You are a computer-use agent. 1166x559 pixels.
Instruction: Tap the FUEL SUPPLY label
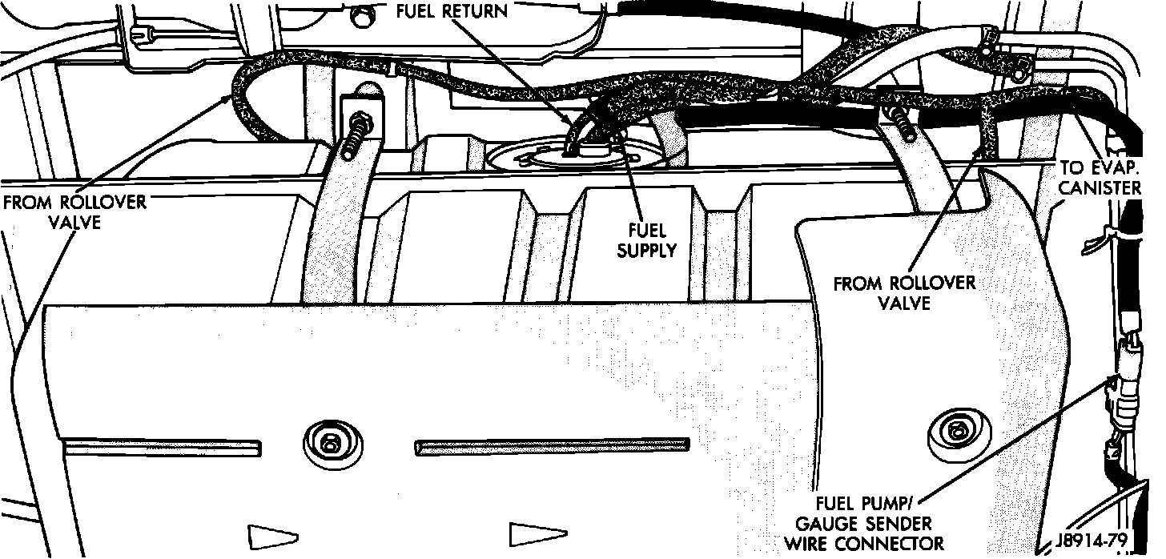[645, 239]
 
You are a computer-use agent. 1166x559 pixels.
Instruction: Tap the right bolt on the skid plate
[954, 432]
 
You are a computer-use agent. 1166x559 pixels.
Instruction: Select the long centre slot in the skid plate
[553, 446]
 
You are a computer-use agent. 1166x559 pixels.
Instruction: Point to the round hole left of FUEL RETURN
[364, 14]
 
